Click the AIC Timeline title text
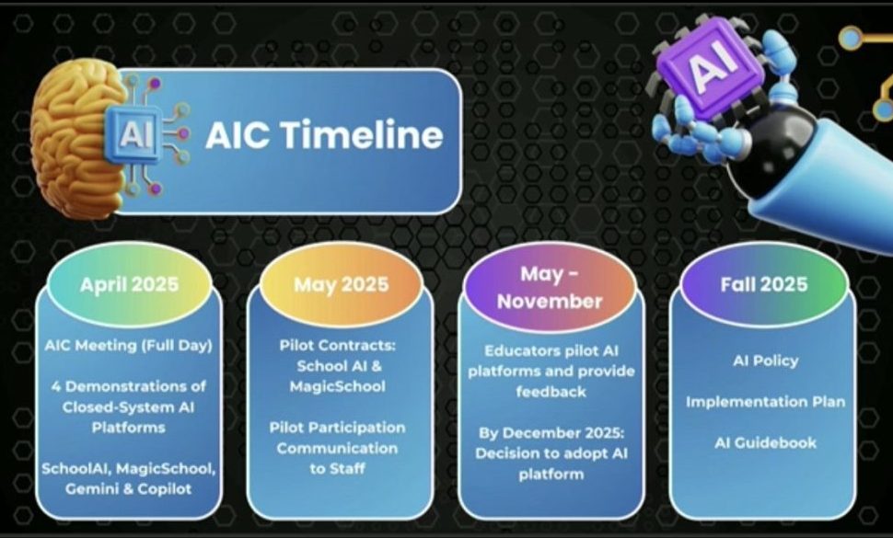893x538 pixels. coord(324,135)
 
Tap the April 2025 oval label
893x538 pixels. coord(129,284)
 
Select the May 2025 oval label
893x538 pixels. coord(342,284)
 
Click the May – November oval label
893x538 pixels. coord(550,288)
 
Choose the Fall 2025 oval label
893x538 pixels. coord(764,284)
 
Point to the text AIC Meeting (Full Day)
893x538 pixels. coord(128,345)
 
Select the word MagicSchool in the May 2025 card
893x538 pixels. coord(337,387)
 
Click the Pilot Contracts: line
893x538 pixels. coord(337,345)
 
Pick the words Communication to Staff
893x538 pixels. coord(337,458)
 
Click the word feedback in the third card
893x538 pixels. coord(551,392)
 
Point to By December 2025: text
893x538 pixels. coord(551,433)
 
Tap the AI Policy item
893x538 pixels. coord(765,361)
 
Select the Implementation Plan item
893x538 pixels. coord(765,402)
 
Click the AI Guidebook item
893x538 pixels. coord(765,442)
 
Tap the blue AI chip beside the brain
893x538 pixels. coord(133,135)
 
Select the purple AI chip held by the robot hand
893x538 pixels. coord(712,65)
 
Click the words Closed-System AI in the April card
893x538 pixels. coord(128,407)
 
